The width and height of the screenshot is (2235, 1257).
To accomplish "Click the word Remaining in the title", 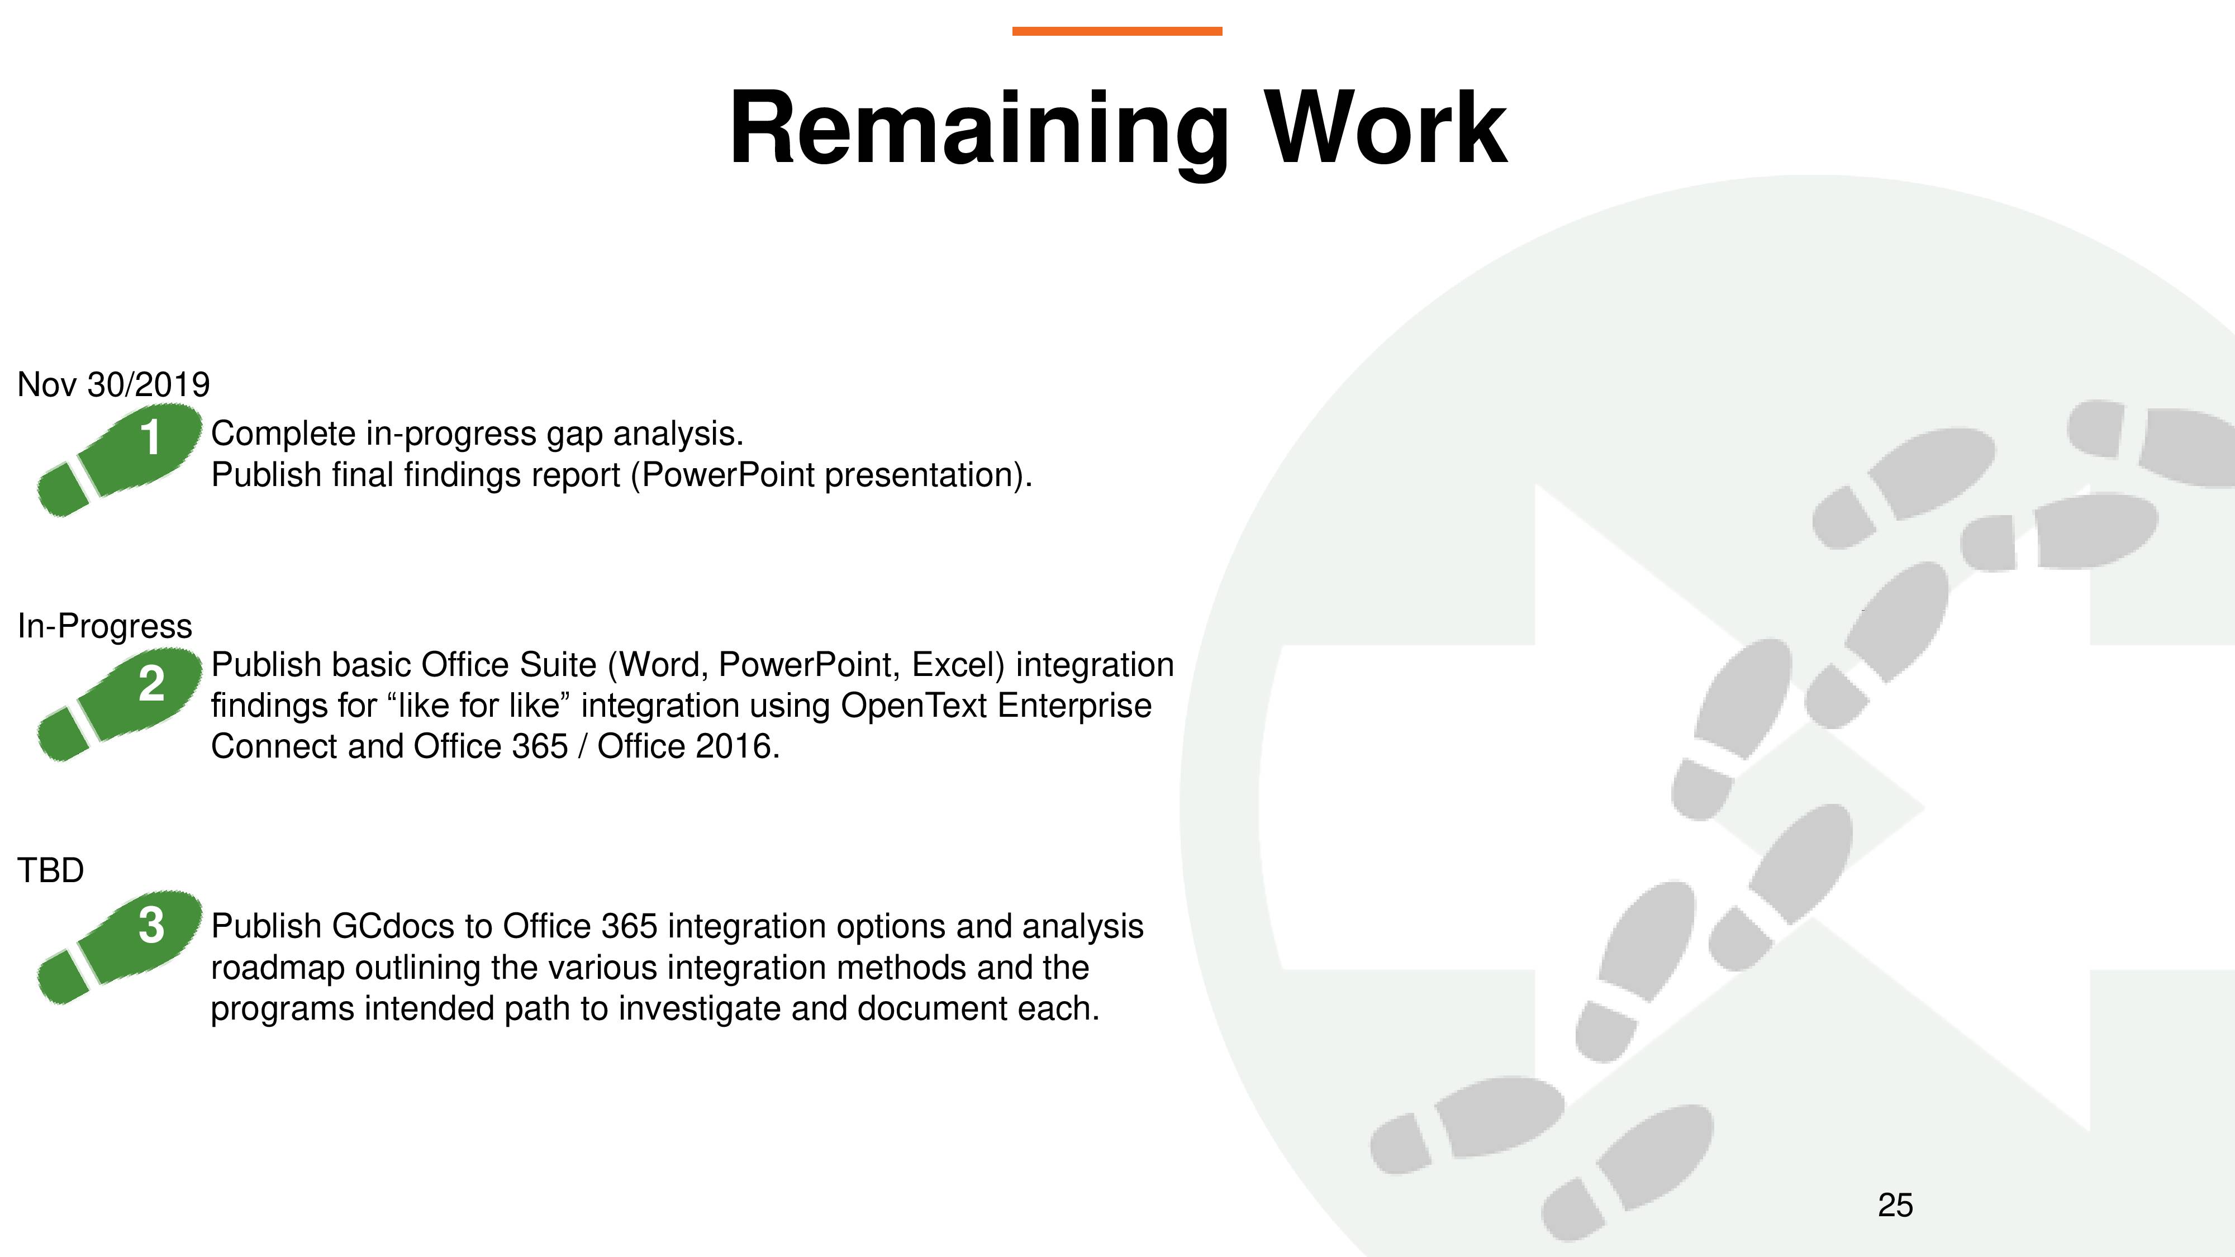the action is (979, 130).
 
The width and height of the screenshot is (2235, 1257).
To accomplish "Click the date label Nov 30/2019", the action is (113, 384).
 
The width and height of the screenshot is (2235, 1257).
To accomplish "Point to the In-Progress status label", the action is (105, 626).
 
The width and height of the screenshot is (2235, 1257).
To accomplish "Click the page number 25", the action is (1895, 1205).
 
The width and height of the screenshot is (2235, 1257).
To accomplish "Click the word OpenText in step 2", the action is (915, 705).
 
